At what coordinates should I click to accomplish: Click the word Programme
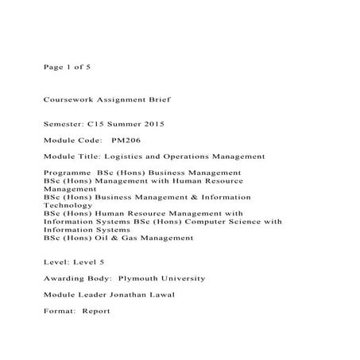click(67, 172)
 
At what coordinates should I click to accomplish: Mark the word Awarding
click(65, 279)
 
